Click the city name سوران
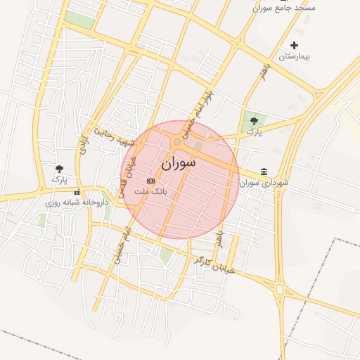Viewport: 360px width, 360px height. pos(179,163)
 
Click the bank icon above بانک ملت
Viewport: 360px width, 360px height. pos(150,181)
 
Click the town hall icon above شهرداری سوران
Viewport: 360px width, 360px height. pos(264,172)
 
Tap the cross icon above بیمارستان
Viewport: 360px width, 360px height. pos(294,46)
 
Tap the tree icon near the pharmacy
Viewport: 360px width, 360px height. pos(59,169)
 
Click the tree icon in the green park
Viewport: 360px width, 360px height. pos(254,121)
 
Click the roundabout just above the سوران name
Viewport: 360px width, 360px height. pos(177,142)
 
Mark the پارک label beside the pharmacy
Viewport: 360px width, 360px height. pos(59,179)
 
